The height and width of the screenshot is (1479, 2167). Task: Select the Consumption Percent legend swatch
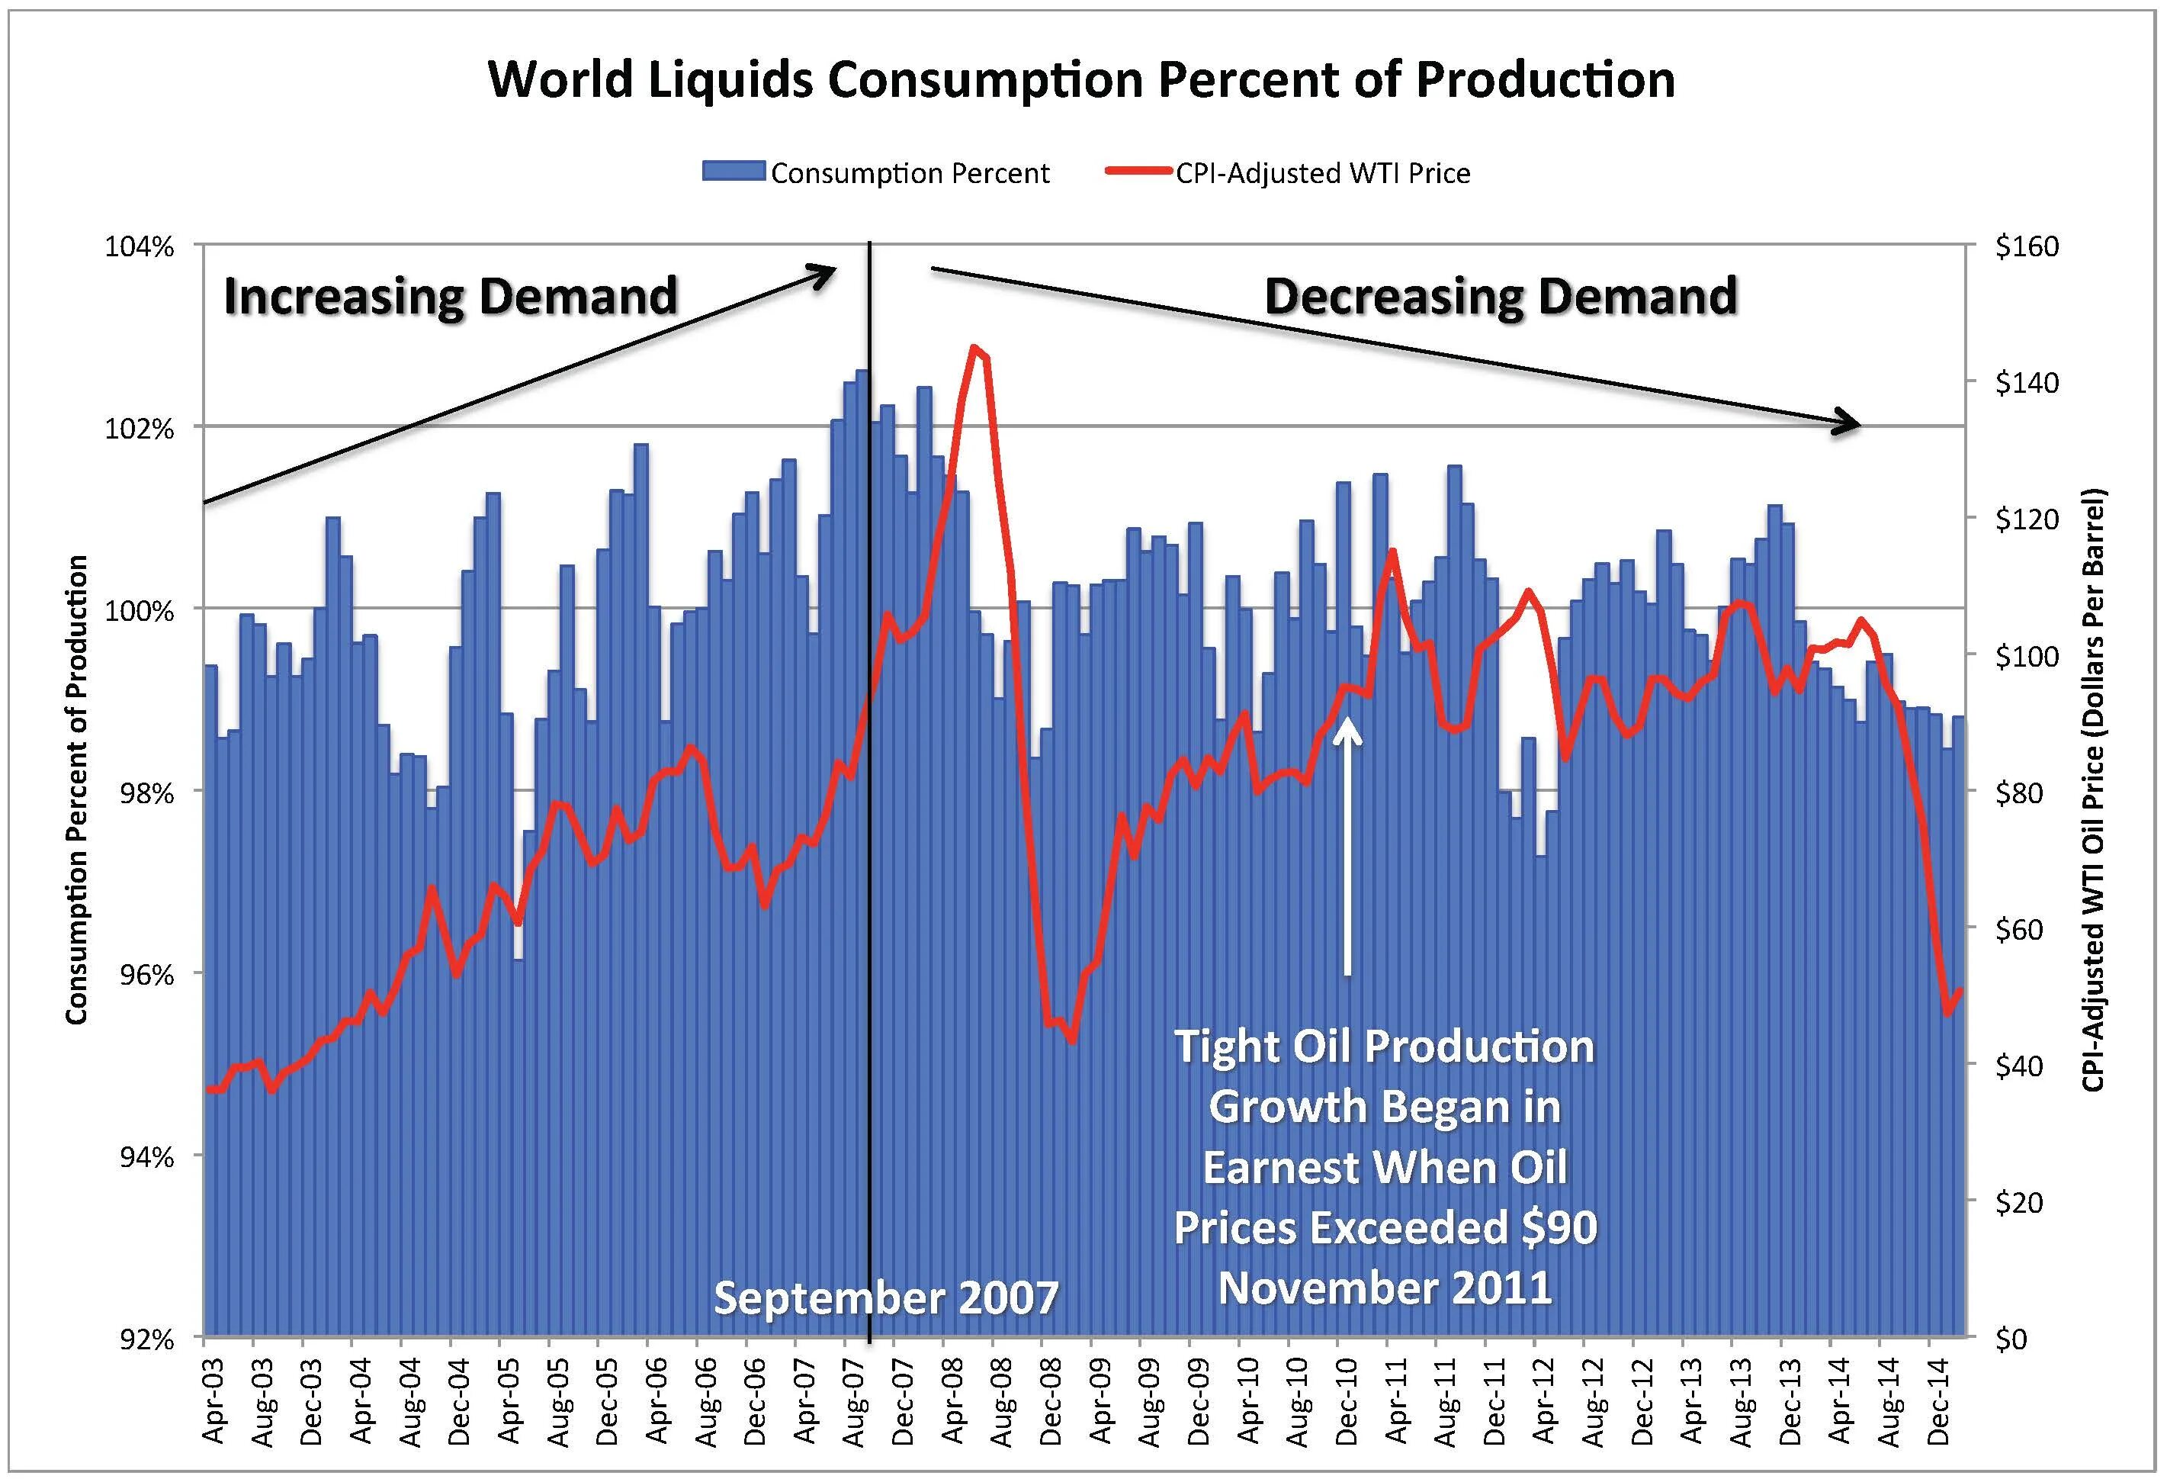(734, 172)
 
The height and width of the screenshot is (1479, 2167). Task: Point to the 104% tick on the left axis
(140, 247)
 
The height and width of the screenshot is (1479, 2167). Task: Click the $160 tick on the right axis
(2026, 247)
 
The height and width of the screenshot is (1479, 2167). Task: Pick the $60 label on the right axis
(2019, 929)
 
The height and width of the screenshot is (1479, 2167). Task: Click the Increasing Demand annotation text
(451, 297)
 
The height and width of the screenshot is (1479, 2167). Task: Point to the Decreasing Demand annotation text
(1501, 297)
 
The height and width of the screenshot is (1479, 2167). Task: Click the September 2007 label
(886, 1297)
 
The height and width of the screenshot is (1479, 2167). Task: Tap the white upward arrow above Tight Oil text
(1347, 839)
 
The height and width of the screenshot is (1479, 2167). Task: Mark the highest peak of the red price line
(974, 349)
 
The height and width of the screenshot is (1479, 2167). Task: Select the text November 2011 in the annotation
(1385, 1288)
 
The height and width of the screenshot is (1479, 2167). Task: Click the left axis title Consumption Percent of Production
(76, 790)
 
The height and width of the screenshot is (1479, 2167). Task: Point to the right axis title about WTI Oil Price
(2092, 790)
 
